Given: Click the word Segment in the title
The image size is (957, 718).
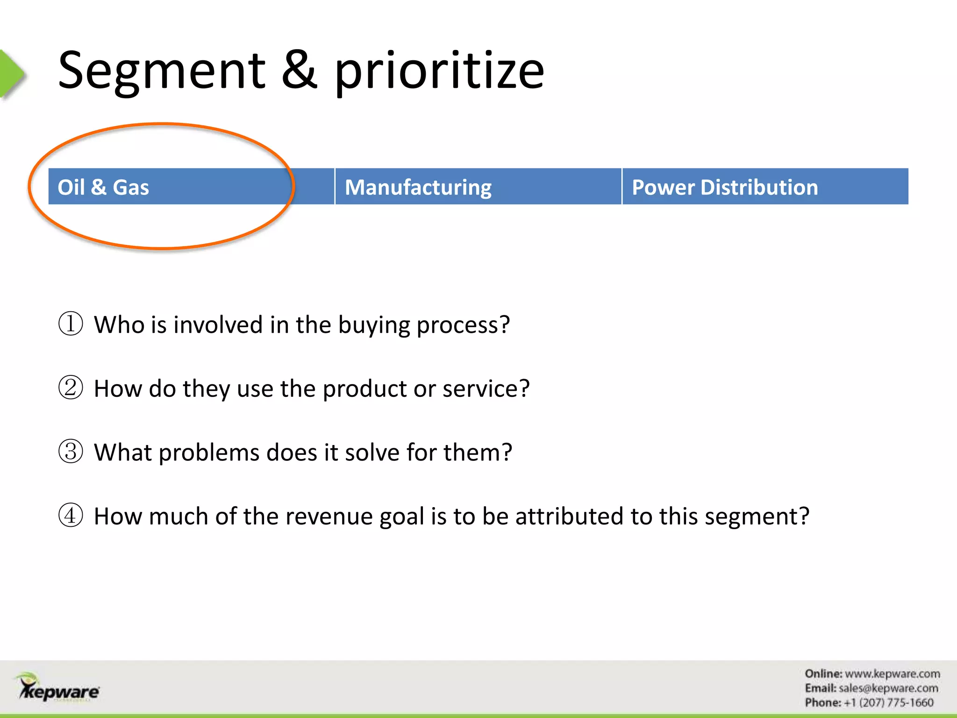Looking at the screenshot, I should coord(162,71).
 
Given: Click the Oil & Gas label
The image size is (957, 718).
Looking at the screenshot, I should coord(103,187).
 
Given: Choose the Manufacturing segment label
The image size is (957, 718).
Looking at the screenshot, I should coord(418,187).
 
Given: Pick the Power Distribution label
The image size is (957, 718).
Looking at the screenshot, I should coord(725,187).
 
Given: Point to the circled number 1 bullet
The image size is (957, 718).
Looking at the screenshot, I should coord(71,323).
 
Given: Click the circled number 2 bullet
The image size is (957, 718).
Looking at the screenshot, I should coord(71,388).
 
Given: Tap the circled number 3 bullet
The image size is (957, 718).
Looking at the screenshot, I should coord(71,452).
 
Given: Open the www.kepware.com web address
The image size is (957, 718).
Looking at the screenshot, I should coord(893,674).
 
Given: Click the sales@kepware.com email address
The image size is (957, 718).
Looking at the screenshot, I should coord(888,688).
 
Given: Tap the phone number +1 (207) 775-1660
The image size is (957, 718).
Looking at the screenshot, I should coord(888,703).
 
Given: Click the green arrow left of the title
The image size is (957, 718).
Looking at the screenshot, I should coord(11,74).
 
